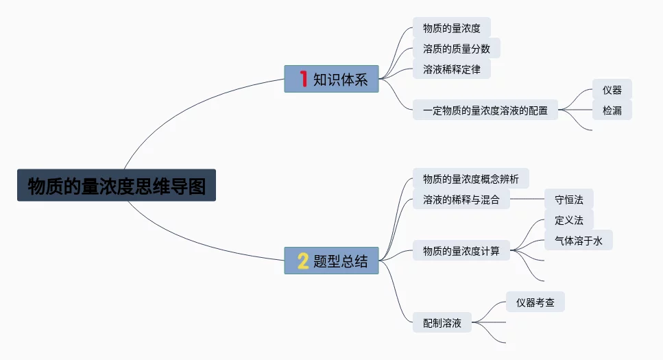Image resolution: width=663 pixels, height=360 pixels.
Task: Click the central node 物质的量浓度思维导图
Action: click(117, 185)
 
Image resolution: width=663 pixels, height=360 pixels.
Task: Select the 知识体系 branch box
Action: click(331, 79)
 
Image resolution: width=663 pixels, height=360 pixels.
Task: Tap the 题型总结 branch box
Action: click(331, 261)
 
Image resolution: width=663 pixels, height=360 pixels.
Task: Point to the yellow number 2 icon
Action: click(302, 261)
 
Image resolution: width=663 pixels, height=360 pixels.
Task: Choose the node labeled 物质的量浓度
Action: click(451, 29)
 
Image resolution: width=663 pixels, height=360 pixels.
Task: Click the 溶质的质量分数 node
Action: click(456, 49)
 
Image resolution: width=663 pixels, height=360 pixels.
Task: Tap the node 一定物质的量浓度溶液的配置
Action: click(485, 110)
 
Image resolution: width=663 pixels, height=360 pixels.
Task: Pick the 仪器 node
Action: click(612, 90)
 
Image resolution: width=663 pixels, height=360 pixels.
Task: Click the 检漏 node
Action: click(612, 110)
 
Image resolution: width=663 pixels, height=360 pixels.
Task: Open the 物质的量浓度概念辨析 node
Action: click(470, 180)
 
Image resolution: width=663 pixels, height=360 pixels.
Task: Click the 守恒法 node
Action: click(568, 200)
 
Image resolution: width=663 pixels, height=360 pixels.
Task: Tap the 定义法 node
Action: click(568, 220)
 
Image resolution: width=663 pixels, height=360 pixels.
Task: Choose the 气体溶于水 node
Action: click(578, 241)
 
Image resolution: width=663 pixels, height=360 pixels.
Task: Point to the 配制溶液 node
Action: click(442, 322)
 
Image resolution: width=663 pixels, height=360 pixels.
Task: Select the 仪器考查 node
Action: click(535, 302)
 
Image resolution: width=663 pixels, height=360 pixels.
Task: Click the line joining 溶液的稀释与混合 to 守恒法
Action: click(527, 200)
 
